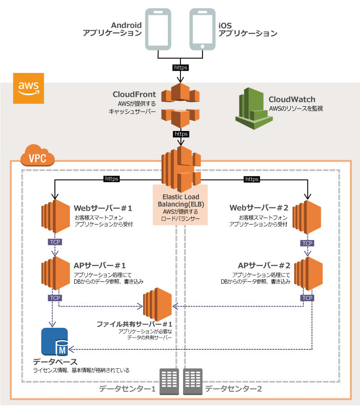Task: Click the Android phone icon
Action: (158, 29)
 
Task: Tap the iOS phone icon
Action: (201, 29)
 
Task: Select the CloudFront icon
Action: (181, 104)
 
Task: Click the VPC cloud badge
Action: (38, 157)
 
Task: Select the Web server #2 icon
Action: (306, 218)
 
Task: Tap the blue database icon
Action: (55, 341)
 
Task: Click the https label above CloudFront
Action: (180, 68)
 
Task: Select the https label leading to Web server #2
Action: (252, 179)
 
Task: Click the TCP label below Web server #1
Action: (54, 242)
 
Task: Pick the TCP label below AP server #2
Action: (307, 298)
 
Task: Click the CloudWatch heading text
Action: (292, 99)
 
